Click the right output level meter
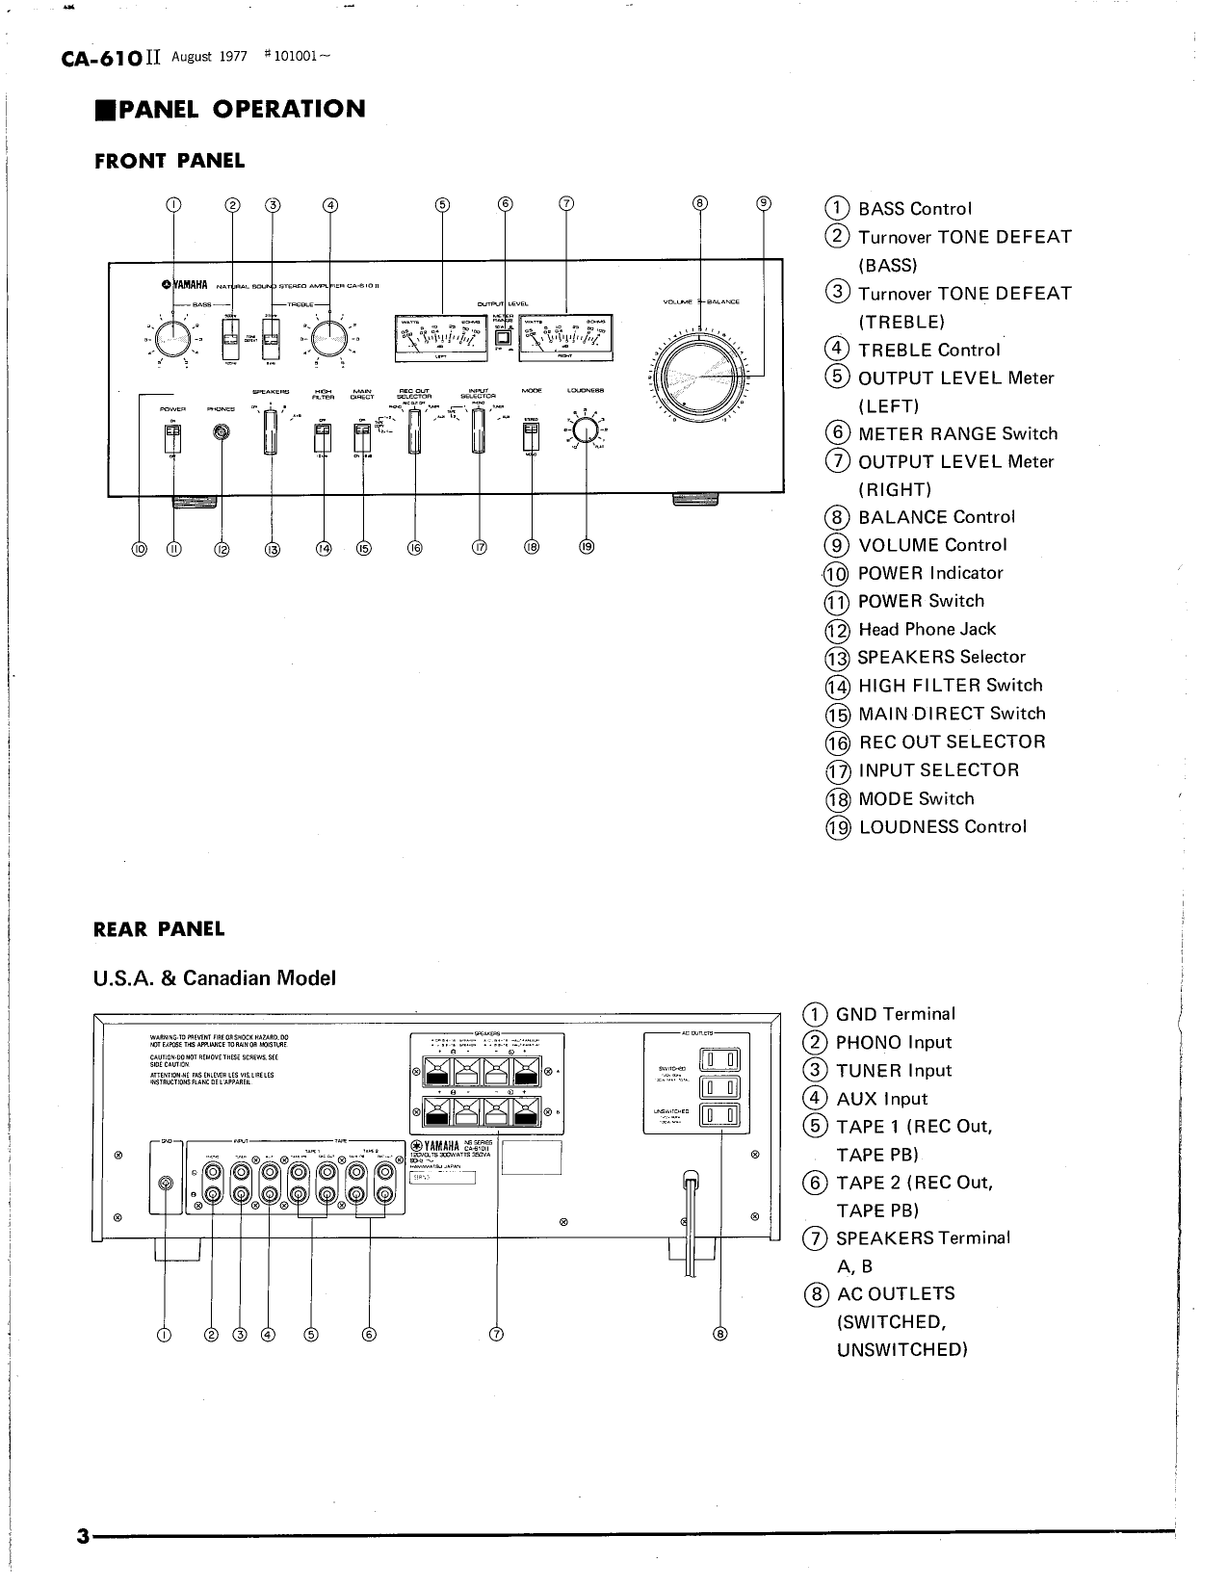565,337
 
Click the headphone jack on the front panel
222,434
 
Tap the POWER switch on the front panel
173,438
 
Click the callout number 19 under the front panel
587,547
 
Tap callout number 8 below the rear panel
720,1334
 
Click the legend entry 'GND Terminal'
895,1014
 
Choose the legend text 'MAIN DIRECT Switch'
951,714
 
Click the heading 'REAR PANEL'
159,929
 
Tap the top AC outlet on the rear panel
720,1060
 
